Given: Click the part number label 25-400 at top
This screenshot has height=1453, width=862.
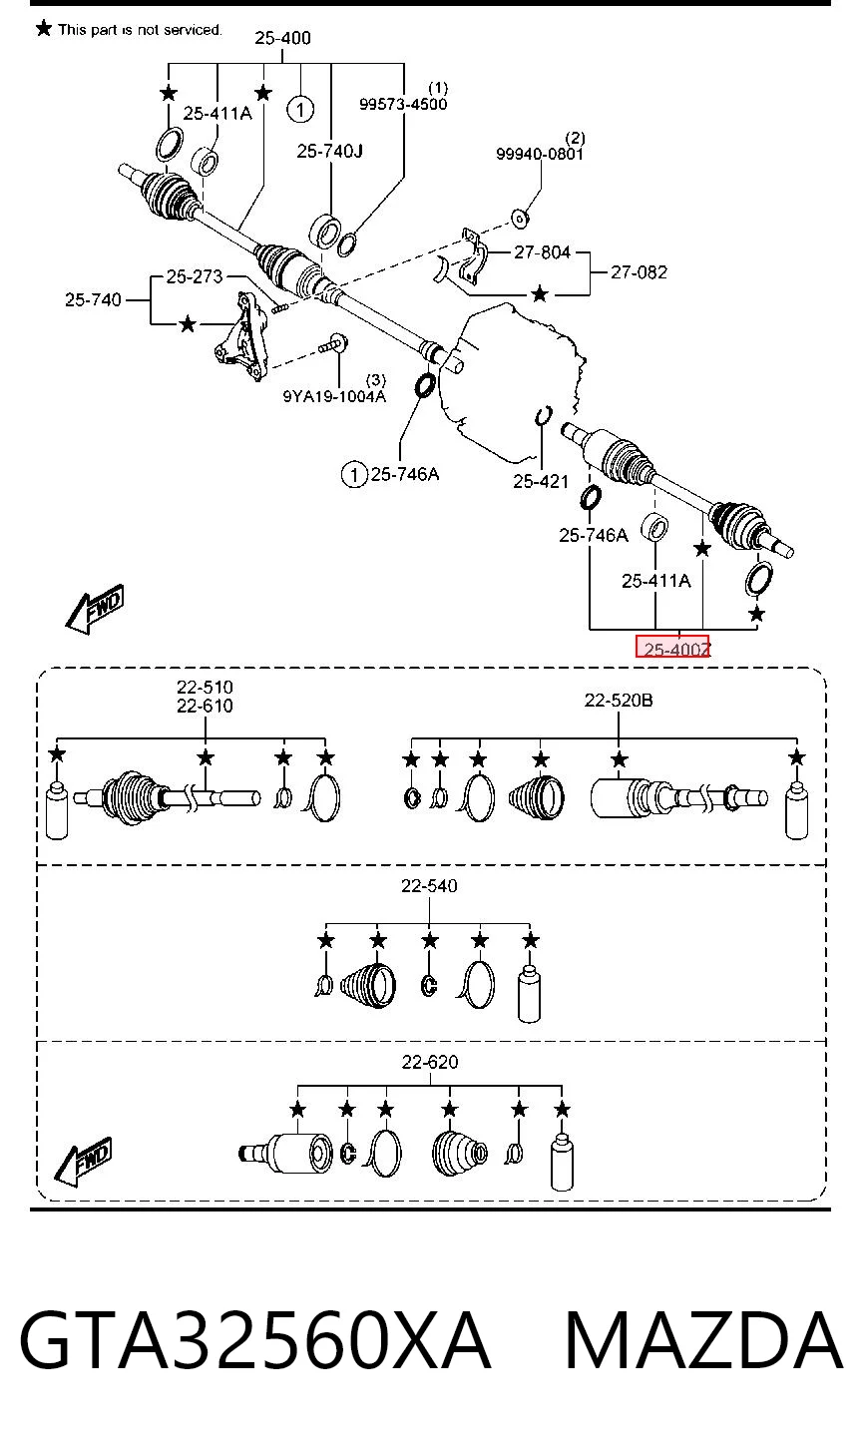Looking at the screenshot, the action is tap(282, 38).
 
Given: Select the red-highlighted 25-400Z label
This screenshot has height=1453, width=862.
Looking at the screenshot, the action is tap(673, 647).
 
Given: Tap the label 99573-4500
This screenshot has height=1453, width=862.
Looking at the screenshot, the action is tap(403, 104).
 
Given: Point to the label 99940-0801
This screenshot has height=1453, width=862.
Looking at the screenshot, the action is tap(540, 154).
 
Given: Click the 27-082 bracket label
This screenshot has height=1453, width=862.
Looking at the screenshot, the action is tap(639, 271).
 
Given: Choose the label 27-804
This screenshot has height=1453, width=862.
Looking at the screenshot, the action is tap(542, 251).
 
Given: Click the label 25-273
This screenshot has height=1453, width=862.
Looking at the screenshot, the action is tap(195, 276).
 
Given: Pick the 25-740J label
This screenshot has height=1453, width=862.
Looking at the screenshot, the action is tap(330, 151).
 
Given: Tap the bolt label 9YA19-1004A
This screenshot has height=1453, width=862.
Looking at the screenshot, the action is tap(334, 395).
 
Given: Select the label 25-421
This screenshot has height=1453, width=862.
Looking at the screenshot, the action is tap(541, 481).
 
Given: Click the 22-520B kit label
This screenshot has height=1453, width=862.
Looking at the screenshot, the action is tap(619, 700).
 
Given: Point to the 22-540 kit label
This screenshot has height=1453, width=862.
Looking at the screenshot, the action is tap(429, 885).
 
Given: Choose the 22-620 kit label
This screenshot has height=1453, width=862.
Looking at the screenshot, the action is tap(429, 1062).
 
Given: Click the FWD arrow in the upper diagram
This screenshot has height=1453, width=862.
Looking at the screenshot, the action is tap(95, 609).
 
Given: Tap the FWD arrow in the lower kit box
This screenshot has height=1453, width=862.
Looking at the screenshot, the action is tap(83, 1162).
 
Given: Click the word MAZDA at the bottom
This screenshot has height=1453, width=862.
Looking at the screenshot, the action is tap(703, 1340).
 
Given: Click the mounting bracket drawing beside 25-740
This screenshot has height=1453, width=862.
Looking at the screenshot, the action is tap(241, 336).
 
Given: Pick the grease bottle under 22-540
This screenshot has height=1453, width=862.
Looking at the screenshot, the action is tap(529, 993).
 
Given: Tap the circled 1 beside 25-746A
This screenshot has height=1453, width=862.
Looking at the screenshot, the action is tap(354, 474).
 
